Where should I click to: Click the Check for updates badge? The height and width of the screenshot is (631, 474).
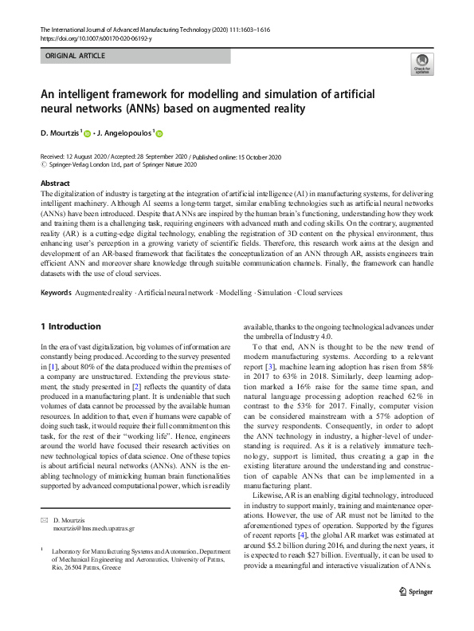tap(421, 64)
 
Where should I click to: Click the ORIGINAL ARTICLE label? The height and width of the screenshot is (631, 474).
tap(75, 56)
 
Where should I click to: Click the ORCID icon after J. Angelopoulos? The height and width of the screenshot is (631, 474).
tap(159, 134)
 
